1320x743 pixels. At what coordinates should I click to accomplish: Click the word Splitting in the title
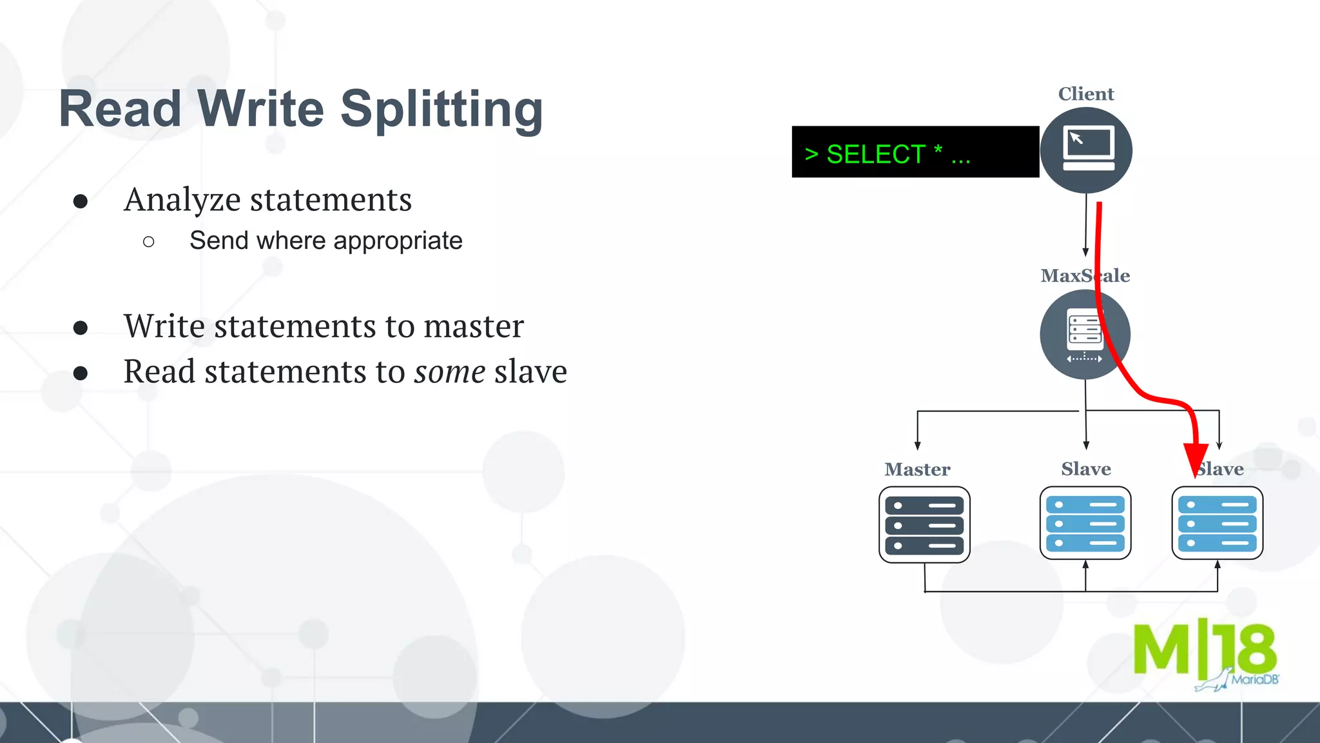tap(442, 110)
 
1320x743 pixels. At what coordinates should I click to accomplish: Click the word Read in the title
tap(120, 110)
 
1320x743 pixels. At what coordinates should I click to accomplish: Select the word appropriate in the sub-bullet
tap(398, 241)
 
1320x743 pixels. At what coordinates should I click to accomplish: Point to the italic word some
tap(449, 372)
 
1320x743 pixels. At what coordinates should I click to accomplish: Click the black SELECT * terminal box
tap(915, 152)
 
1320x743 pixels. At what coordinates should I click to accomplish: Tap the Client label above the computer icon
tap(1086, 94)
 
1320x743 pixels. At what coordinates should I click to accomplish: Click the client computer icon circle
tap(1086, 150)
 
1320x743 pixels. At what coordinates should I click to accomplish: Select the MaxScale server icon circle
tap(1085, 334)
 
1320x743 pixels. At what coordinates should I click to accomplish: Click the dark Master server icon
tap(924, 524)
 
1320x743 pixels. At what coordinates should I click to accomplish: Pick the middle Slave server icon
tap(1085, 523)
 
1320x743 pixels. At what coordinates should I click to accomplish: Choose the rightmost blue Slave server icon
tap(1217, 523)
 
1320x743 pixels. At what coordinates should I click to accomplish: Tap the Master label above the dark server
tap(917, 470)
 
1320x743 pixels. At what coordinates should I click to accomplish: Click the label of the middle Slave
tap(1086, 469)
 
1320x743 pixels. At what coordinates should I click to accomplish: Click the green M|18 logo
tap(1204, 650)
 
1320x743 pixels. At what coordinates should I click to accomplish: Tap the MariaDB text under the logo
tap(1254, 680)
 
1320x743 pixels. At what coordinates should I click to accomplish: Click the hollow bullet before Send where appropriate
tap(149, 242)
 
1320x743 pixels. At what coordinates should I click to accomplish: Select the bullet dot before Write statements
tap(81, 328)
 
